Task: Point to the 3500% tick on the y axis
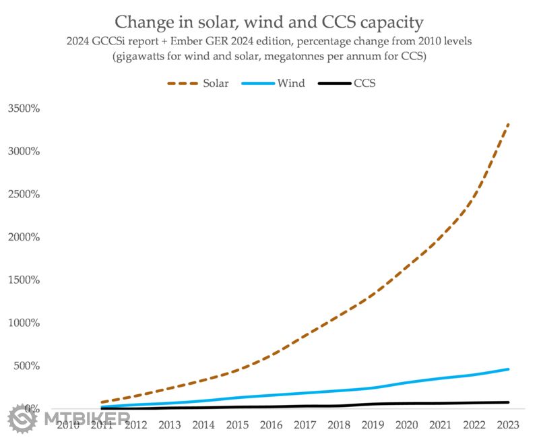point(24,108)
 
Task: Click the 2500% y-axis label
point(24,194)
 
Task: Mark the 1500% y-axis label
point(24,280)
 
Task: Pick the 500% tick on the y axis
point(27,366)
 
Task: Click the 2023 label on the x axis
point(507,425)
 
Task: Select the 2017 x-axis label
point(305,425)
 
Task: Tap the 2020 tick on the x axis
point(406,425)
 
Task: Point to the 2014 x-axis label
point(203,425)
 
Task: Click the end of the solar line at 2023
point(508,125)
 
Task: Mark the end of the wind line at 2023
point(508,369)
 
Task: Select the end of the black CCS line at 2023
point(508,402)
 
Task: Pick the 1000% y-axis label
point(24,323)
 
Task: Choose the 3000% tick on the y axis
point(24,151)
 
